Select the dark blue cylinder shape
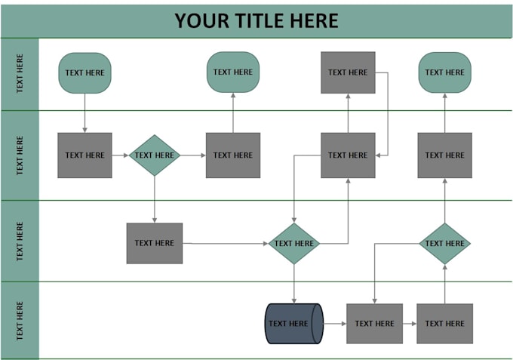tap(293, 324)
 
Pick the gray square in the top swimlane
tap(348, 72)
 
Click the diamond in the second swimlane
tap(155, 155)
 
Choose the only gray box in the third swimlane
tap(155, 243)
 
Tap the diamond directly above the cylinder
tap(293, 244)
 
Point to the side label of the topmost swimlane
tap(20, 74)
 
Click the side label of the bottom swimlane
tap(20, 321)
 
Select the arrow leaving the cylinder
tap(335, 324)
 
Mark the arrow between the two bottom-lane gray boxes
tap(410, 324)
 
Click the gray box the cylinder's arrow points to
tap(375, 324)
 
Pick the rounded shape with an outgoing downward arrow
tap(84, 73)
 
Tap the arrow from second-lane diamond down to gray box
tap(155, 199)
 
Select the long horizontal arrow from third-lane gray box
tap(226, 244)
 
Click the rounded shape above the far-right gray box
tap(444, 72)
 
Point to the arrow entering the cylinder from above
tap(293, 284)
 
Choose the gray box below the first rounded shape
tap(84, 155)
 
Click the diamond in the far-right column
tap(444, 244)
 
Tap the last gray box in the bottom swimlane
tap(444, 324)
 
